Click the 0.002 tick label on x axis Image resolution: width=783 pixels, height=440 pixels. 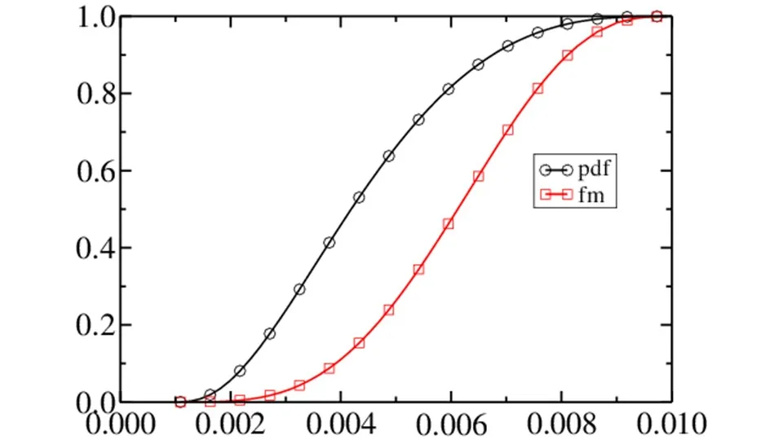pos(230,424)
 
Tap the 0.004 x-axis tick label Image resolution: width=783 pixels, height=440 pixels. pos(341,424)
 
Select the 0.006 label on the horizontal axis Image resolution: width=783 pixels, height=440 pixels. pos(451,424)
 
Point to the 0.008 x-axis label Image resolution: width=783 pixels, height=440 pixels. pos(562,424)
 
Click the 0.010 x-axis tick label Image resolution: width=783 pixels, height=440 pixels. pos(671,424)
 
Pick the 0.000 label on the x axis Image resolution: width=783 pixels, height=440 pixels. pos(121,424)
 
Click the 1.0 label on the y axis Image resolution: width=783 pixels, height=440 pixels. pos(97,17)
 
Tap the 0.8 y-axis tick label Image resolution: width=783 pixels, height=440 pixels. pos(97,94)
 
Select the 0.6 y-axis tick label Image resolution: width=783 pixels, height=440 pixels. pos(97,171)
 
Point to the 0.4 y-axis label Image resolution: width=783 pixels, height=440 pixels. pos(97,248)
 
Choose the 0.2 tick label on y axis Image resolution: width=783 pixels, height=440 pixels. pos(97,325)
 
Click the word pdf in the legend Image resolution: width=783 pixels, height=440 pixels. pos(595,169)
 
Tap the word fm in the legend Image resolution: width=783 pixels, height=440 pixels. pos(592,194)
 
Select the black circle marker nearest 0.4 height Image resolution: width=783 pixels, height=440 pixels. pos(329,243)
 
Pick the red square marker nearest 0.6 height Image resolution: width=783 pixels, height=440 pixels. pos(479,176)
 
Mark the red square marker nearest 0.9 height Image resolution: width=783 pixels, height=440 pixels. pos(568,55)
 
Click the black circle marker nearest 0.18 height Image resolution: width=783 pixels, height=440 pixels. pos(270,334)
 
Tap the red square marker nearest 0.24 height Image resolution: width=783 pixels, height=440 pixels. pos(389,310)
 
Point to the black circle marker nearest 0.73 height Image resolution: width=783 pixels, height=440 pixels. pos(418,120)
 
